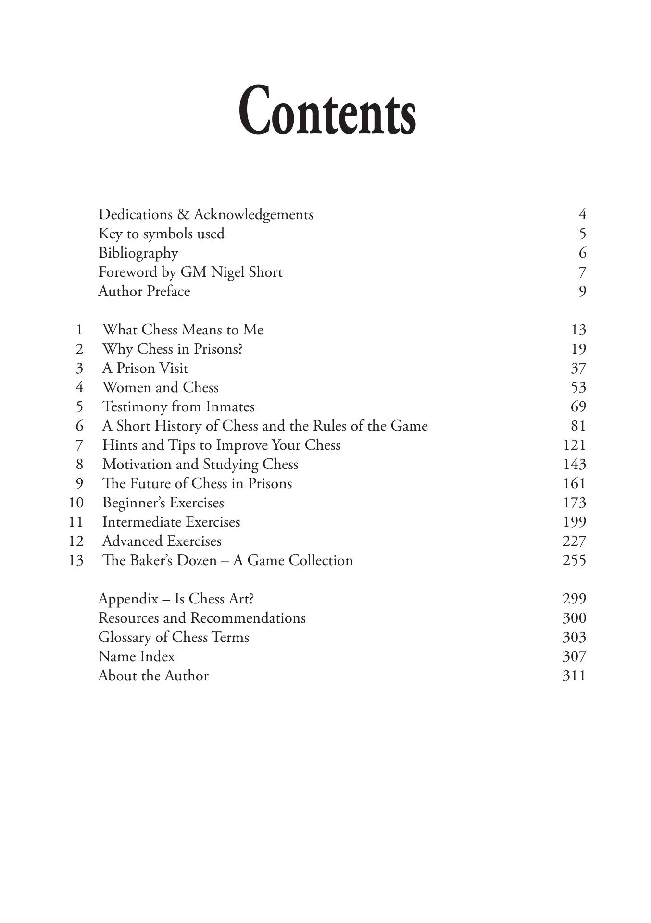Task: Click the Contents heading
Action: pos(327,111)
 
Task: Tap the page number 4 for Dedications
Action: pos(582,214)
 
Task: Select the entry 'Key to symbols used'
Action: pos(162,234)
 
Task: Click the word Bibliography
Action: pos(138,253)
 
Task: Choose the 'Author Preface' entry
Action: pos(144,291)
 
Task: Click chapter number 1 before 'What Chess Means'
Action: pos(79,330)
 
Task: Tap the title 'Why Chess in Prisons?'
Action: pos(172,349)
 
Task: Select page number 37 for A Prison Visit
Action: pos(578,368)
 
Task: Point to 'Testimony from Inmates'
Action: pos(178,406)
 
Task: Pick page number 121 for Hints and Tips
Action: pos(574,445)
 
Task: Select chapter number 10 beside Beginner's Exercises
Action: pos(76,503)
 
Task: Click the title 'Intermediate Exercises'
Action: pos(171,522)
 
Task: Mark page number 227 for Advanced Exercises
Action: pos(574,541)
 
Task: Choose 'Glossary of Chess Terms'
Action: pos(174,637)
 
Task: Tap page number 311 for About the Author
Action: pos(574,676)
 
